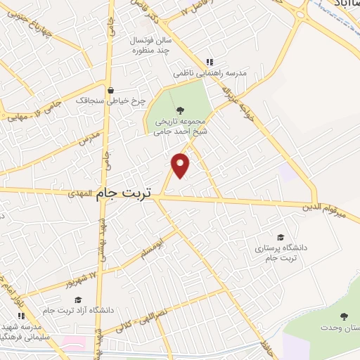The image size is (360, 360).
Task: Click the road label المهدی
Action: [x=81, y=191]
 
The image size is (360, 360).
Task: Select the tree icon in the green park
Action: [x=180, y=109]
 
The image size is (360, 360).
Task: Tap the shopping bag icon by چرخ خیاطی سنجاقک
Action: [x=110, y=89]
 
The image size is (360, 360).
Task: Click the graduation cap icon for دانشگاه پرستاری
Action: [x=281, y=238]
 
